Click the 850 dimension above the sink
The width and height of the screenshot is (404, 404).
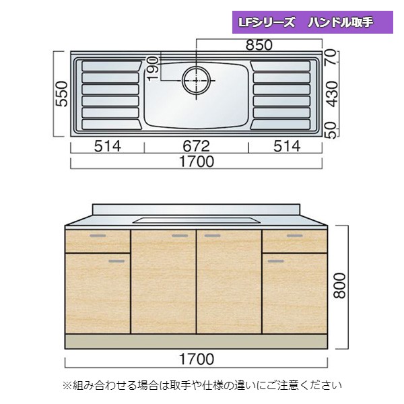coord(259,46)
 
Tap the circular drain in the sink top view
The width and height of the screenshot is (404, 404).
coord(196,79)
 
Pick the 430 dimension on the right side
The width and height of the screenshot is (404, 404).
coord(330,94)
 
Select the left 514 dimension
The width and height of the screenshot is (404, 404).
coord(107,147)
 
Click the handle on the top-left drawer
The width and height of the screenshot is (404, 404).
coord(98,236)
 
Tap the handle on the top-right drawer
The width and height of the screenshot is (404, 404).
coord(294,236)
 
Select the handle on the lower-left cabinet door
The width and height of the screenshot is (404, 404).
coord(119,259)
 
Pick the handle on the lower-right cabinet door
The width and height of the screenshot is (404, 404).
coord(275,259)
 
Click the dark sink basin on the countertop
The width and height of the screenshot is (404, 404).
coord(196,220)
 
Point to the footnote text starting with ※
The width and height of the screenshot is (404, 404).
coord(202,386)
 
